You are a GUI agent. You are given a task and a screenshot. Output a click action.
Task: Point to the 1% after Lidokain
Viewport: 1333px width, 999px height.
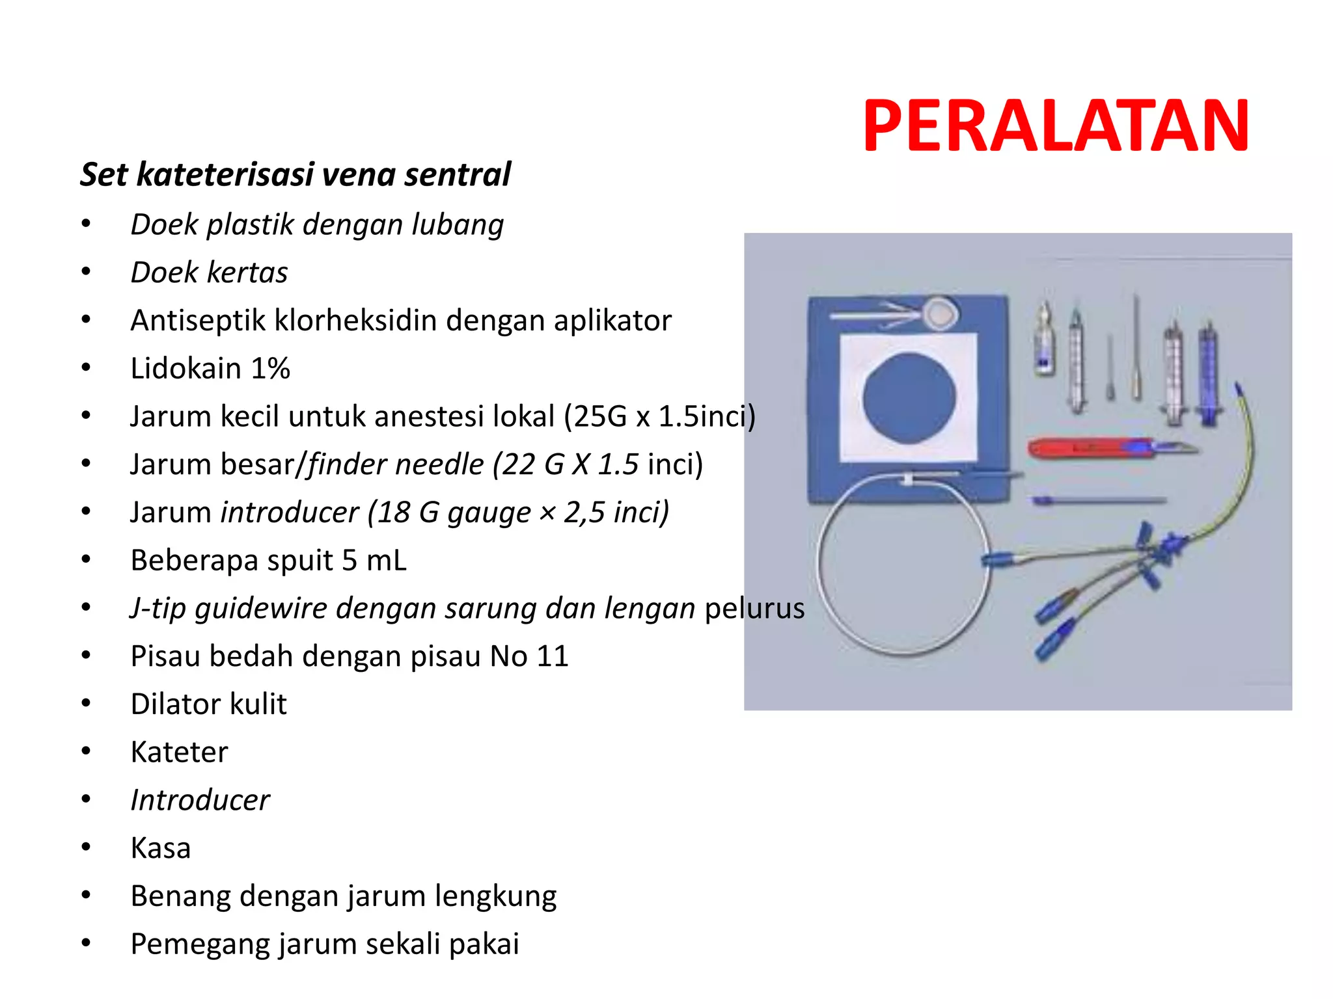270,368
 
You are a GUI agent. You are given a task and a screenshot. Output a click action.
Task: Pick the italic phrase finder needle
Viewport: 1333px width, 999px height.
396,464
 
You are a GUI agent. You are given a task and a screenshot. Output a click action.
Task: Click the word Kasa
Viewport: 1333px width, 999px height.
161,848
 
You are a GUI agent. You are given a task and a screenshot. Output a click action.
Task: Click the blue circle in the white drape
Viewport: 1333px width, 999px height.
909,398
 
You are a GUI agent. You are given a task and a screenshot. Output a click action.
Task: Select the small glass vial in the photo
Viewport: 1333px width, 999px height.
1045,341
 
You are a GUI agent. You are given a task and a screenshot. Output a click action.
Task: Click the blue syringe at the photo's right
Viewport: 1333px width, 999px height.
1208,377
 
